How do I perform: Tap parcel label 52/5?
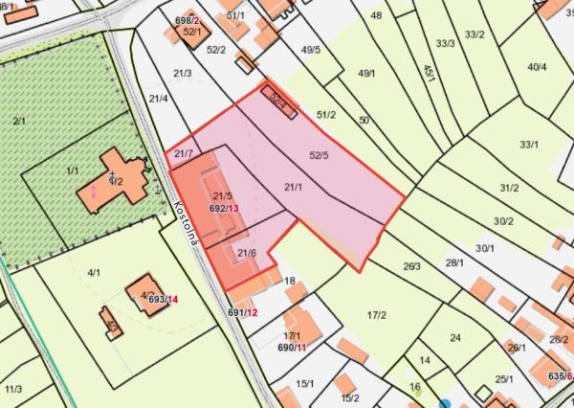[320, 154]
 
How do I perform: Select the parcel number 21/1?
[294, 187]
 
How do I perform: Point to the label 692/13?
[224, 207]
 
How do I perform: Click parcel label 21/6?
[247, 252]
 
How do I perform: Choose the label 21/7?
[183, 154]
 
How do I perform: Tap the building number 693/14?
[163, 300]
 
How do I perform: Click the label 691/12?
[243, 312]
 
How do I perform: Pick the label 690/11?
[292, 347]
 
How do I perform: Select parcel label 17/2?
[376, 315]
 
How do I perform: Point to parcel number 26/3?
[412, 266]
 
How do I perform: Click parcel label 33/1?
[529, 144]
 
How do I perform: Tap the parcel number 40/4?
[537, 66]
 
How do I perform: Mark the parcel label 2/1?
[19, 120]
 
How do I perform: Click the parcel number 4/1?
[94, 273]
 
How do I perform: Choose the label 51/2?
[326, 115]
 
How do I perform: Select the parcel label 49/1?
[366, 73]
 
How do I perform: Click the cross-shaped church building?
[117, 178]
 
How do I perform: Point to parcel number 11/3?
[13, 389]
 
